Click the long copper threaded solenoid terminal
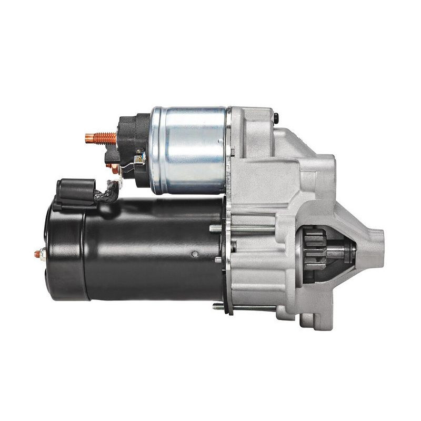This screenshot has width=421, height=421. [100, 139]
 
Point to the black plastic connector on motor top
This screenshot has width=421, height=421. [75, 192]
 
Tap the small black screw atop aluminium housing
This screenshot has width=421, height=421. [275, 114]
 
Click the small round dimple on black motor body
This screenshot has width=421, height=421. [195, 254]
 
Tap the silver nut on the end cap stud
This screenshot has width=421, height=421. [43, 254]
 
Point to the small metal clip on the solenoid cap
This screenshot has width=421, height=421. [138, 156]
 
